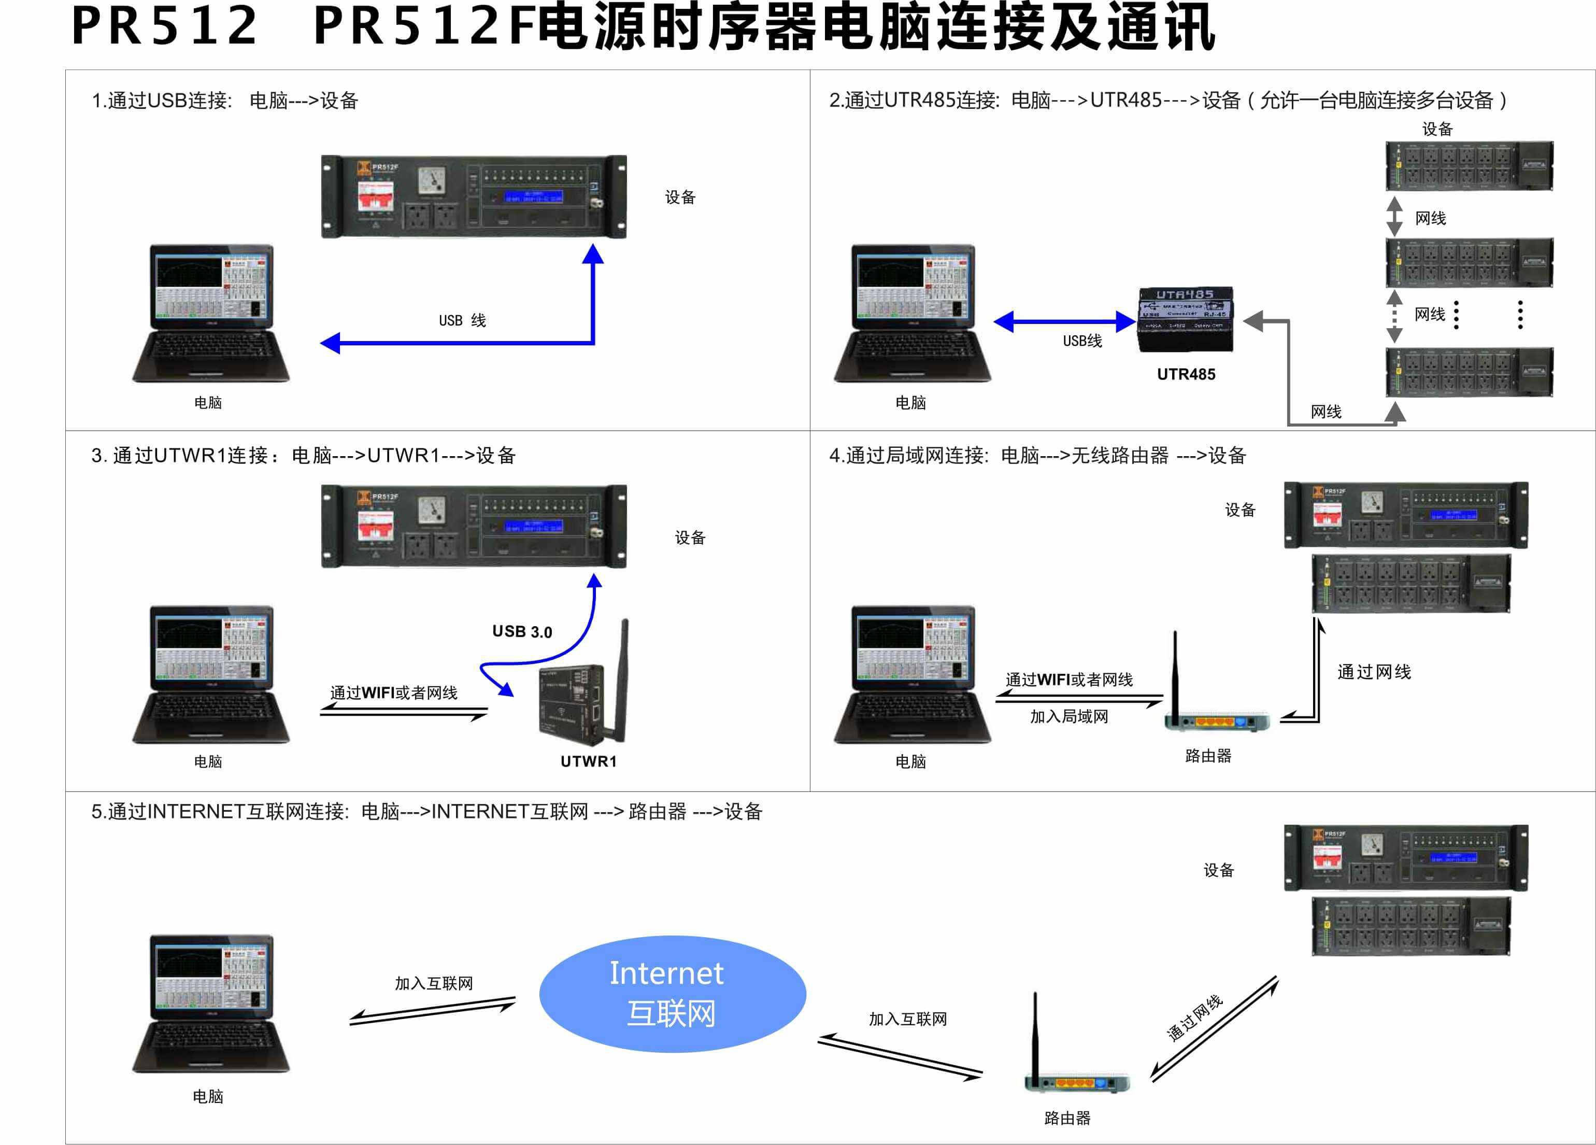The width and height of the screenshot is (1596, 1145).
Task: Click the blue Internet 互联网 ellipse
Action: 672,993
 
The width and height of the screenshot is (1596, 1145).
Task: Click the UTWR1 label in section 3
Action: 588,761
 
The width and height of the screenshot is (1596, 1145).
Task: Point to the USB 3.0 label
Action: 522,631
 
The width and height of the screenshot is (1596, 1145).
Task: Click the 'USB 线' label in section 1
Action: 462,321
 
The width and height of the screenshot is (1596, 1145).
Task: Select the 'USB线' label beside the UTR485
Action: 1082,341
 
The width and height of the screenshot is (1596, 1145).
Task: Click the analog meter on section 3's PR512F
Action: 431,510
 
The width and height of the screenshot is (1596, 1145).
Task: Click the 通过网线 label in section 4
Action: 1374,672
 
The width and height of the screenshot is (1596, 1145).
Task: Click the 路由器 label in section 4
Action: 1208,756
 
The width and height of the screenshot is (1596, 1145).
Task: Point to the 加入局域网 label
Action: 1069,716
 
